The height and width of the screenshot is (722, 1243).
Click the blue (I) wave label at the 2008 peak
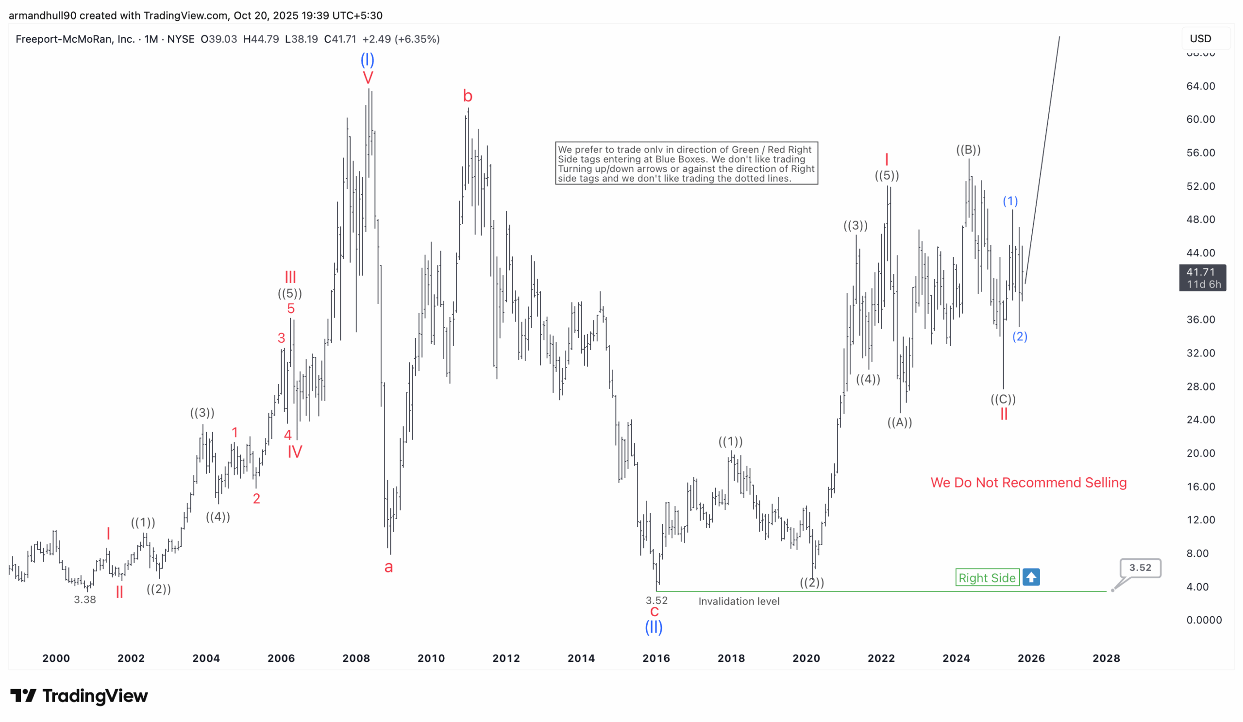tap(367, 60)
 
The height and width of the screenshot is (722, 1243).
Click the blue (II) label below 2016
tap(654, 627)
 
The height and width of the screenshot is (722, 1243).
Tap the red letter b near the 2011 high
tap(468, 96)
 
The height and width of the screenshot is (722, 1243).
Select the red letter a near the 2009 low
tap(389, 567)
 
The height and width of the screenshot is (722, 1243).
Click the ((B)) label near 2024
tap(968, 150)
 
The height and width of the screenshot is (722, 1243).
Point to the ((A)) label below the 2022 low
tap(899, 422)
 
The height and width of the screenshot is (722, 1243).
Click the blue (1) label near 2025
tap(1009, 201)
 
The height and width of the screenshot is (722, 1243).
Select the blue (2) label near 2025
tap(1019, 336)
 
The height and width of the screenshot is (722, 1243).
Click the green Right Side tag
tap(987, 577)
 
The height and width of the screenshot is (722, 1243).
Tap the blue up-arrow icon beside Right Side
tap(1030, 577)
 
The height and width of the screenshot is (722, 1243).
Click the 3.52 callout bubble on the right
tap(1140, 568)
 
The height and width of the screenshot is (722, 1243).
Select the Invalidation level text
tap(739, 601)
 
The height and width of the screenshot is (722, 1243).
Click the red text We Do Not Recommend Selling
tap(1028, 482)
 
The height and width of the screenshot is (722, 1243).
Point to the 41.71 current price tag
tap(1202, 278)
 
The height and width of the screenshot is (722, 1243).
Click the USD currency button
tap(1200, 38)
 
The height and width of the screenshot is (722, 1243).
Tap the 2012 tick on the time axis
tap(506, 658)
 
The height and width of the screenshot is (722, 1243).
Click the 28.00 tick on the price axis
tap(1200, 386)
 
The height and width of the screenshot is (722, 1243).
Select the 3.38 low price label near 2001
tap(85, 600)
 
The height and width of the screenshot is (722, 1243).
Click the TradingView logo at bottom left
tap(79, 696)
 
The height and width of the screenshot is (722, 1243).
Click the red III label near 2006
tap(290, 277)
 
